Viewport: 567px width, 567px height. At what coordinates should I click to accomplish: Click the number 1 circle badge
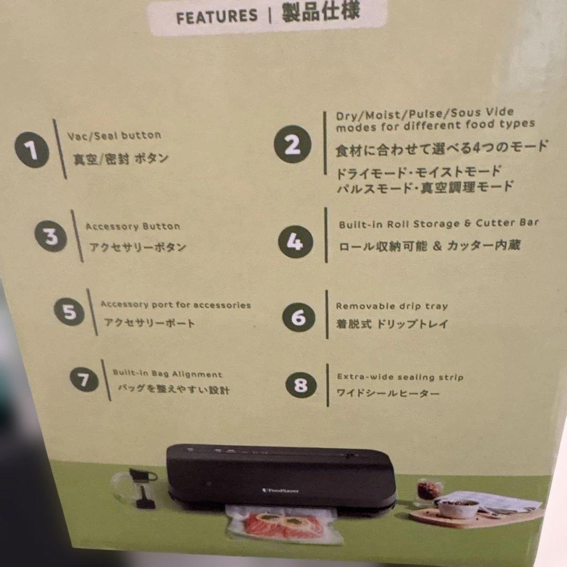coord(31,151)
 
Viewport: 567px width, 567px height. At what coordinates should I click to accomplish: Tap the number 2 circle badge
coord(292,144)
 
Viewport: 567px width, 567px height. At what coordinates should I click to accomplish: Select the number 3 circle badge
coord(51,237)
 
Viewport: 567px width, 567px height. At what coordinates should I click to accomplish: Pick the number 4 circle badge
coord(295,241)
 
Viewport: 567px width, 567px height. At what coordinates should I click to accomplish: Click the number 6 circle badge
coord(298,317)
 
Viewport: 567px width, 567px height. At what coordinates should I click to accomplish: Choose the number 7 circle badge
coord(84,380)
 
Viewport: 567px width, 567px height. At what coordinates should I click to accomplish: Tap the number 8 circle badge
coord(301,385)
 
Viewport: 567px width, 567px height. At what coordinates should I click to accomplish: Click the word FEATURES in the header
coord(217,17)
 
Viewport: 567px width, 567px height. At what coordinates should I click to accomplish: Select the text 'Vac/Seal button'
coord(114,136)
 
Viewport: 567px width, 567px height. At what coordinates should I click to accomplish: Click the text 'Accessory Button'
coord(133,227)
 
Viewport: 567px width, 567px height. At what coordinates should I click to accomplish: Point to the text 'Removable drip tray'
coord(392,306)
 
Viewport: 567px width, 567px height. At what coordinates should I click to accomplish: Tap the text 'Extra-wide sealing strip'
coord(400,377)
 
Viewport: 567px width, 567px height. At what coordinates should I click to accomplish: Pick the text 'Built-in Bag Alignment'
coord(167,374)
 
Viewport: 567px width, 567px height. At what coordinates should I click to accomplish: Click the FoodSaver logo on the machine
coord(281,490)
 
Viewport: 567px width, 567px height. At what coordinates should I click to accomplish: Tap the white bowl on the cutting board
coord(458,507)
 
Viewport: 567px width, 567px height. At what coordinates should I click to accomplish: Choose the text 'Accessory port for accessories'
coord(175,305)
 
